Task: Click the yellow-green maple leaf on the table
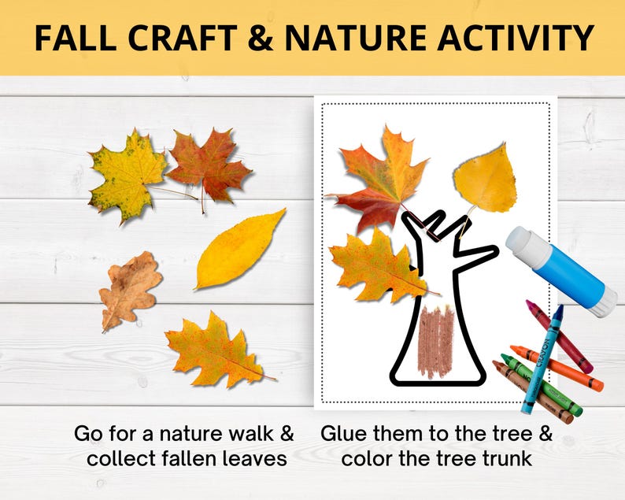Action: (126, 174)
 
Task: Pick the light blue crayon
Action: (542, 358)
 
